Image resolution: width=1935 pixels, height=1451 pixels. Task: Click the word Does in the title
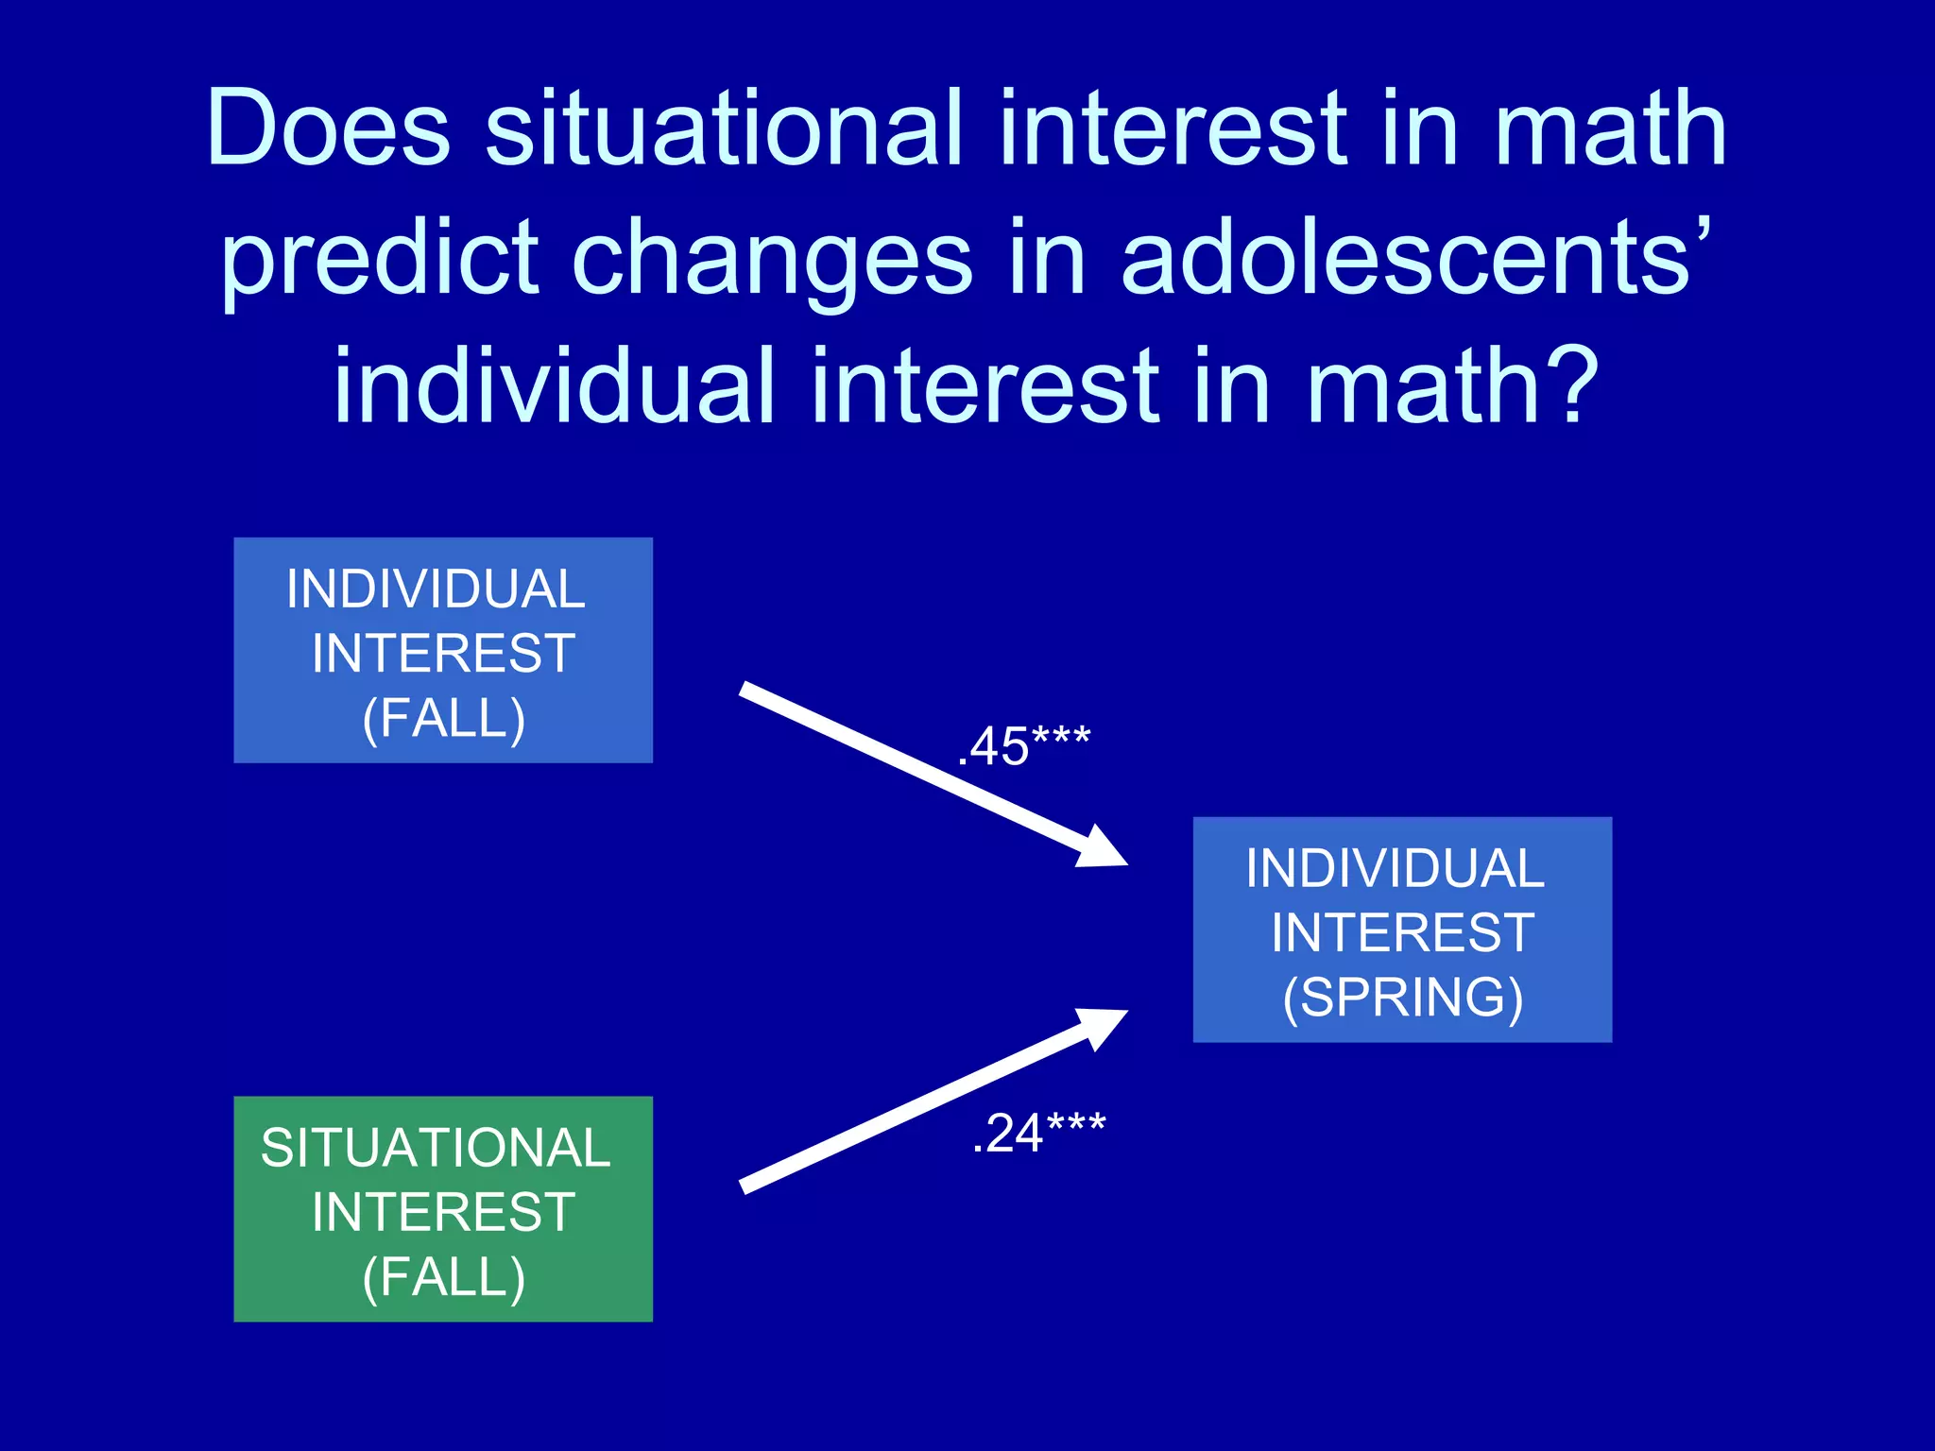coord(328,128)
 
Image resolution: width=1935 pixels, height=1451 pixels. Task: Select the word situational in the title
coord(724,128)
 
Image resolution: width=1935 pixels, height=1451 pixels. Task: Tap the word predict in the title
coord(380,257)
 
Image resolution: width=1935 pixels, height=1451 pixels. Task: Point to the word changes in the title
coord(772,257)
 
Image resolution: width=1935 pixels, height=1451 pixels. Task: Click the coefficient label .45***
coord(1024,746)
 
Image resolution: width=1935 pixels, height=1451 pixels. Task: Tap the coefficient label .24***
coord(1038,1133)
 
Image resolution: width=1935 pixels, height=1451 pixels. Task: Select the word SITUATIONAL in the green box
coord(436,1148)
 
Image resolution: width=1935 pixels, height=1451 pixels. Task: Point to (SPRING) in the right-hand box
coord(1402,998)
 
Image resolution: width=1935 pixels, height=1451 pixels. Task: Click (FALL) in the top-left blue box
coord(443,719)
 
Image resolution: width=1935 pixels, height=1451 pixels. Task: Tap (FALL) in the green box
coord(443,1277)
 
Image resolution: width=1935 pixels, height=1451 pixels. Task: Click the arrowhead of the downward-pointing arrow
coord(1104,848)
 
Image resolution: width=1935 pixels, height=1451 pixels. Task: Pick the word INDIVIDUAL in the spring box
coord(1395,869)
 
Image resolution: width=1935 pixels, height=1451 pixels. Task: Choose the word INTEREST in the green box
coord(443,1212)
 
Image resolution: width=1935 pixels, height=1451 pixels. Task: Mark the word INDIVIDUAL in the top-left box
coord(436,589)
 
